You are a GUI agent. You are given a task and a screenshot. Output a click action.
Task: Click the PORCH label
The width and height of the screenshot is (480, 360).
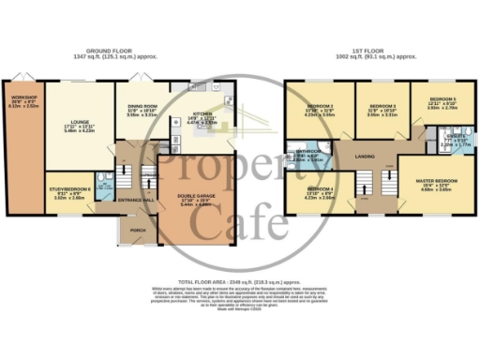[x=139, y=231]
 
